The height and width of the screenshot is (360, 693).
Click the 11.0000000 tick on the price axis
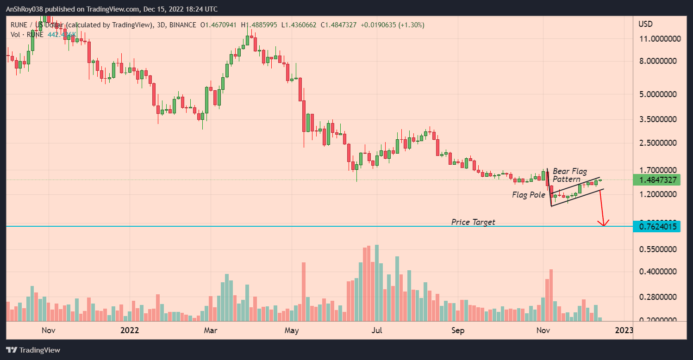pos(660,39)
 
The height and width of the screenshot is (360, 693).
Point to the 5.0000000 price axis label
pos(660,94)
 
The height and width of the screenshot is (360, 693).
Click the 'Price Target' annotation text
pos(473,222)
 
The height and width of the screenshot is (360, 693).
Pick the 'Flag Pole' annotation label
pos(529,195)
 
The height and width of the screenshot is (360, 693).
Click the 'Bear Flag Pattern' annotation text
pos(570,175)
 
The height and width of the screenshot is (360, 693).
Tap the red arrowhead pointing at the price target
pos(604,223)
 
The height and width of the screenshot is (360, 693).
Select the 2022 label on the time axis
pos(130,330)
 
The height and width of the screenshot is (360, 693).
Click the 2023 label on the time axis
pos(624,330)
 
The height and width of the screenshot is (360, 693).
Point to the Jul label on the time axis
pos(377,330)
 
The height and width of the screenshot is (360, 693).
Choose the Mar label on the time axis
pos(211,330)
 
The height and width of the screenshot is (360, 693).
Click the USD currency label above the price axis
pos(645,24)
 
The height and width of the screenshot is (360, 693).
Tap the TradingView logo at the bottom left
pos(33,350)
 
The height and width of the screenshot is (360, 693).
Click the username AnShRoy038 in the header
pos(28,9)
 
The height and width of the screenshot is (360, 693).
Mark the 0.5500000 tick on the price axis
pos(660,249)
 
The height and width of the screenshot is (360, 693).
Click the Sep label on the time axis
pos(458,330)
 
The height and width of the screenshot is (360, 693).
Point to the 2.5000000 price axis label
pos(660,143)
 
